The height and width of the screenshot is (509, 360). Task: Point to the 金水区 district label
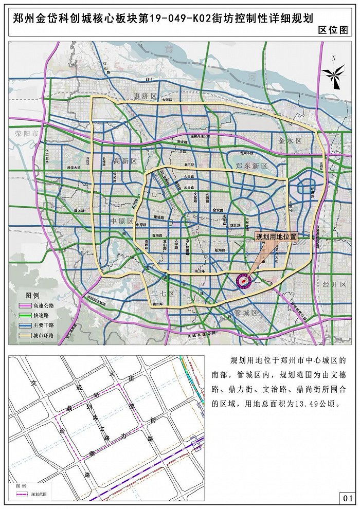pyautogui.click(x=290, y=140)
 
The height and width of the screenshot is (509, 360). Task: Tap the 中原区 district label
pyautogui.click(x=122, y=221)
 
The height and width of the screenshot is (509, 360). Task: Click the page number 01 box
pyautogui.click(x=347, y=498)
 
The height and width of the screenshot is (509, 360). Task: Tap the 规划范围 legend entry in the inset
pyautogui.click(x=34, y=494)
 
